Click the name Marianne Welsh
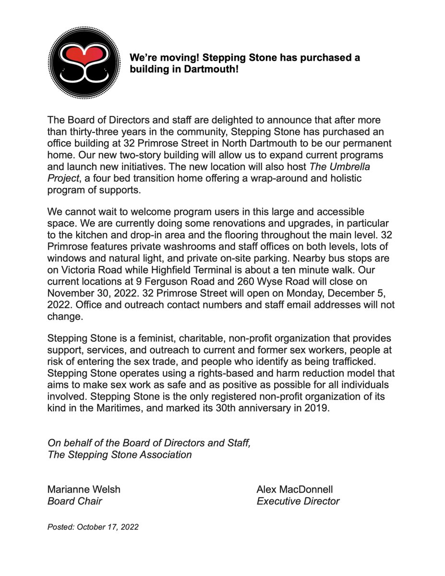click(84, 490)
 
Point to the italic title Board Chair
click(74, 501)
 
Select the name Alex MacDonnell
click(295, 490)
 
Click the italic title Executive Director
click(298, 501)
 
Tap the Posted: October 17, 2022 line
click(93, 527)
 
